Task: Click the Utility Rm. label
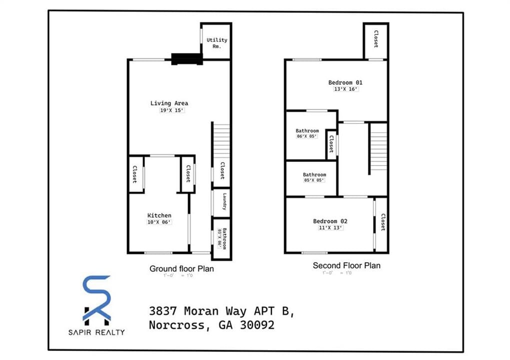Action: tap(216, 43)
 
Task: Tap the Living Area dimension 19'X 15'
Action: tap(169, 110)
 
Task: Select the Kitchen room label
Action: tap(159, 215)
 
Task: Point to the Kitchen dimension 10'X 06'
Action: tap(159, 222)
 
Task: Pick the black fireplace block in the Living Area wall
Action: tap(187, 59)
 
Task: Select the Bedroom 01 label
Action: tap(345, 82)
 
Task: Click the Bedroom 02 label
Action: tap(330, 221)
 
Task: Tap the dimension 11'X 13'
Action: tap(330, 228)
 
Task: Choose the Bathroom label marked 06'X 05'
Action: tap(307, 131)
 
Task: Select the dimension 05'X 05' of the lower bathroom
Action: tap(314, 180)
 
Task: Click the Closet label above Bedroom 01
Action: tap(375, 39)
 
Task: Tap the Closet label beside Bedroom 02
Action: tap(382, 222)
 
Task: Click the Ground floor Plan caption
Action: tap(181, 268)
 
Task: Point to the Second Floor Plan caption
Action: tap(346, 265)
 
